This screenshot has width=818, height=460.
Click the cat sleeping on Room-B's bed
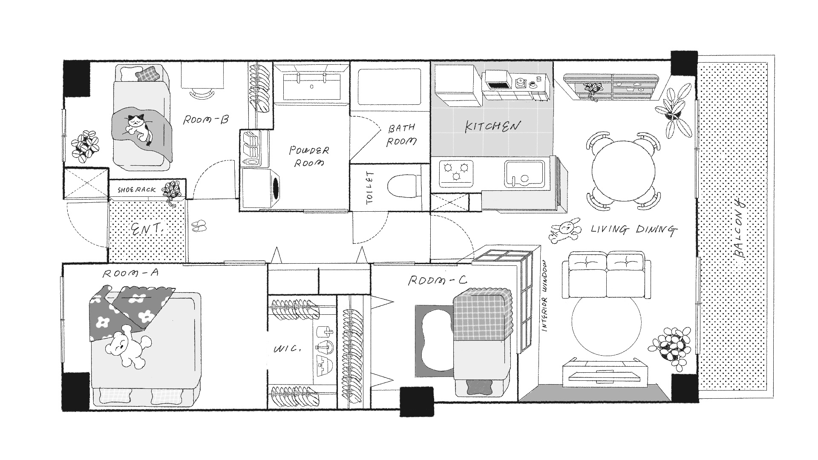137,126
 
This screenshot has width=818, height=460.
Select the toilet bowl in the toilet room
403,186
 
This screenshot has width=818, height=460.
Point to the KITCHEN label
492,126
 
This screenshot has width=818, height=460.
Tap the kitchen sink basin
524,174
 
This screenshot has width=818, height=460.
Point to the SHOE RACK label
136,190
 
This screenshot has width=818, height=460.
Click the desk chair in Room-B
201,93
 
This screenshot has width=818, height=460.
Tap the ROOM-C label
438,281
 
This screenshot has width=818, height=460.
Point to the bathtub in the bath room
389,87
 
